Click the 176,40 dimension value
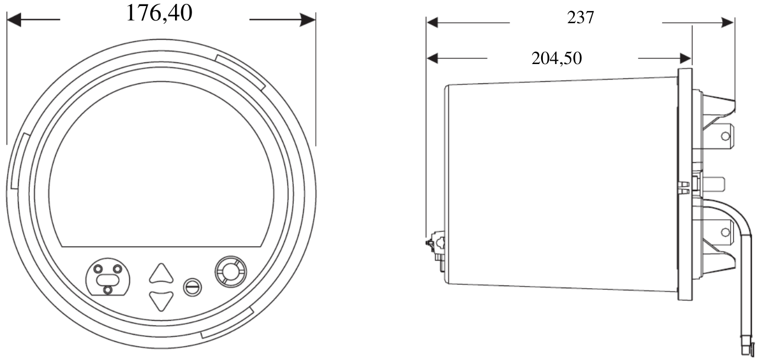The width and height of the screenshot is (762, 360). pyautogui.click(x=159, y=14)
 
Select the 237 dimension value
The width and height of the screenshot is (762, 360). pyautogui.click(x=580, y=18)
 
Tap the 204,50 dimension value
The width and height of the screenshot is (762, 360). pyautogui.click(x=557, y=58)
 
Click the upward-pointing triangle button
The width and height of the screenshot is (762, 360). pyautogui.click(x=161, y=273)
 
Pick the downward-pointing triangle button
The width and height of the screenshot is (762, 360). pyautogui.click(x=161, y=300)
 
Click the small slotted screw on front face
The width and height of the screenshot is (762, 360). pyautogui.click(x=192, y=287)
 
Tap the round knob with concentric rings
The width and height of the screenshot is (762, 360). pyautogui.click(x=231, y=272)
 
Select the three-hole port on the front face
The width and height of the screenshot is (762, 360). pyautogui.click(x=108, y=276)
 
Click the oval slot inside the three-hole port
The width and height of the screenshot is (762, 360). pyautogui.click(x=108, y=280)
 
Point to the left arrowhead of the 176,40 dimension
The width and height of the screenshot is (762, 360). pyautogui.click(x=14, y=19)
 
